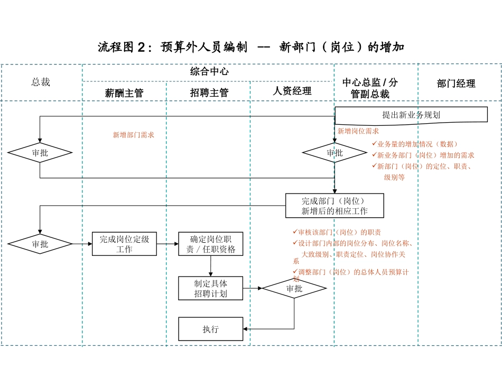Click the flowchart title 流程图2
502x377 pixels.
[x=251, y=47]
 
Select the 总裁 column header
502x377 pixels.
[x=41, y=82]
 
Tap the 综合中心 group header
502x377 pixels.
[x=209, y=71]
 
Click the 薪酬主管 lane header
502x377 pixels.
[x=124, y=93]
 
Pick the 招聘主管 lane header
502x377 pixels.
[x=209, y=93]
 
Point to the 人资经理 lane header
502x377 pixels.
[x=292, y=91]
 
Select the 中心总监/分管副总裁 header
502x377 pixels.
[x=370, y=88]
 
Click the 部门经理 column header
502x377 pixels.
[x=456, y=84]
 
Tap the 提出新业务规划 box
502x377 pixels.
[x=411, y=115]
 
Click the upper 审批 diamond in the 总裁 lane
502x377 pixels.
[x=40, y=153]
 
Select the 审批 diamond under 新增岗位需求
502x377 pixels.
[x=334, y=153]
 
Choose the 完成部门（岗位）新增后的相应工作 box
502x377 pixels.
[x=334, y=206]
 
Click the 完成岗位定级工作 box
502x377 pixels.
[x=124, y=244]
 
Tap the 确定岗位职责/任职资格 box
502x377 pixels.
[x=210, y=244]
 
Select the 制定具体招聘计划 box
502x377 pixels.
[x=210, y=288]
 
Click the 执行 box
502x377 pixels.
[x=210, y=329]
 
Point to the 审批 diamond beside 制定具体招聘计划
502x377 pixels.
[x=294, y=289]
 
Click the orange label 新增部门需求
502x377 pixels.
[x=133, y=135]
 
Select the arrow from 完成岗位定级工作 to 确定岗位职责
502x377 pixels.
[x=168, y=244]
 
